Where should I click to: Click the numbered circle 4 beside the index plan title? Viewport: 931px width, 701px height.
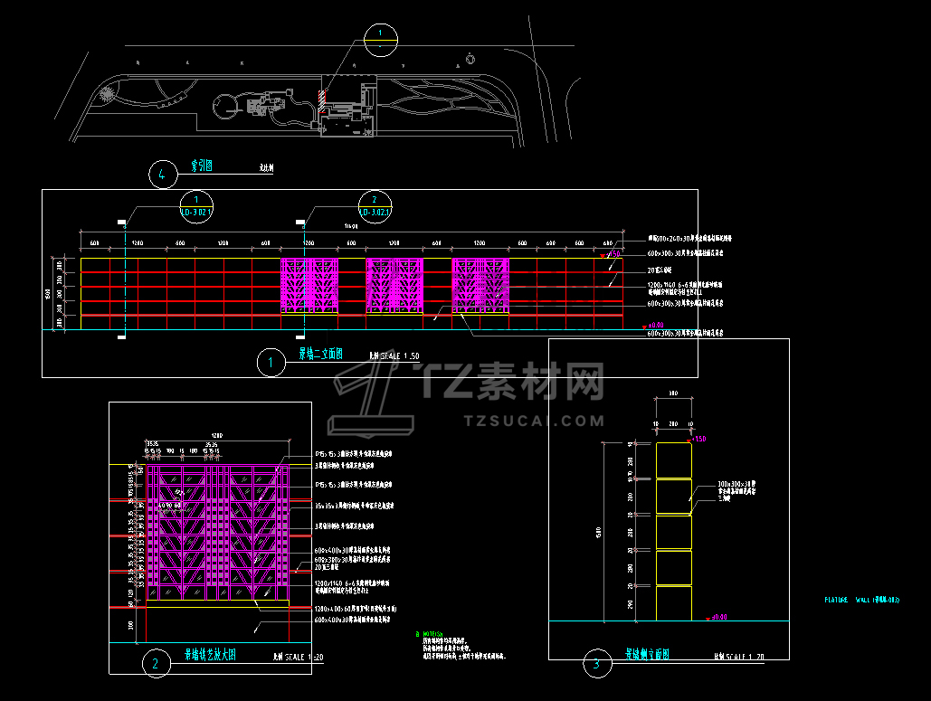(x=162, y=174)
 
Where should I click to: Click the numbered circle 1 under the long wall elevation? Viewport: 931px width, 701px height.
(x=270, y=364)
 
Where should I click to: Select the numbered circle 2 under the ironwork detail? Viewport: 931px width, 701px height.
(x=156, y=665)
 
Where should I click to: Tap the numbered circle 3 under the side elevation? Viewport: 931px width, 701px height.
(x=596, y=665)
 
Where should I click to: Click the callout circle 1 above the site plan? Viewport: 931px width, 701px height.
(x=381, y=37)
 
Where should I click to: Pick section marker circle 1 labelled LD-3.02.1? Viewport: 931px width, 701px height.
(x=195, y=206)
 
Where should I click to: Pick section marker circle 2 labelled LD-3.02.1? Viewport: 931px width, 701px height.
(x=375, y=206)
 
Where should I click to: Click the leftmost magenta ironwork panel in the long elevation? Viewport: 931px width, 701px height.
(x=309, y=286)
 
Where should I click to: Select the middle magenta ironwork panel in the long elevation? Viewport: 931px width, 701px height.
(x=394, y=286)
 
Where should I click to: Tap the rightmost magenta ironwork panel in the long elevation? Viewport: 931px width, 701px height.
(x=480, y=286)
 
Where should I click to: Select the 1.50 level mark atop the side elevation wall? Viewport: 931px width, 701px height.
(x=698, y=440)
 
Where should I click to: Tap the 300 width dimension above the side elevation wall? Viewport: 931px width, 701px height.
(x=672, y=393)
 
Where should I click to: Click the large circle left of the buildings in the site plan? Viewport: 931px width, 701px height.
(x=223, y=108)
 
